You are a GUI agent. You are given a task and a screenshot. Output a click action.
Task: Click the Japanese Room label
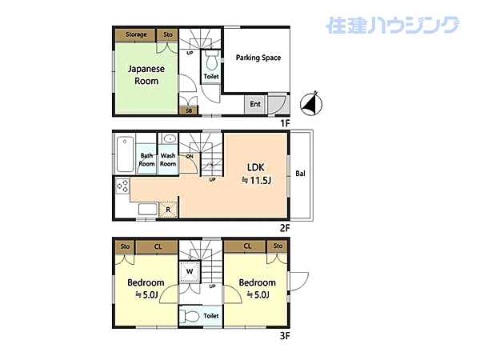(147, 74)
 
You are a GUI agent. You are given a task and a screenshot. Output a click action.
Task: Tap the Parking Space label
(258, 58)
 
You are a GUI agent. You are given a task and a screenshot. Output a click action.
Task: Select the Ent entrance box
(255, 104)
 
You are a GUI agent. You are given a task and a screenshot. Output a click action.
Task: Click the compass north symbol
(310, 104)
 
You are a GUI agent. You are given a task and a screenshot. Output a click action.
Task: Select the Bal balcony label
(300, 174)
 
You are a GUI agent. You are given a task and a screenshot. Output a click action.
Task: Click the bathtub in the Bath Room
(126, 154)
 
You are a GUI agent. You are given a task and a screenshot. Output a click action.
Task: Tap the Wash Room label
(168, 159)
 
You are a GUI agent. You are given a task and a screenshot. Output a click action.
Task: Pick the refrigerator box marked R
(168, 210)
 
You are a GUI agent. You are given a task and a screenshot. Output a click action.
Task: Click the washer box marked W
(190, 273)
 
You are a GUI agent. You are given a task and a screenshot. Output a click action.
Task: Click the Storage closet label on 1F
(135, 34)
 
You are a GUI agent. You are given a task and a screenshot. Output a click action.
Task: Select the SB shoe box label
(190, 110)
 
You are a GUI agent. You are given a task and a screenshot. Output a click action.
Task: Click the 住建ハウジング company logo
(392, 26)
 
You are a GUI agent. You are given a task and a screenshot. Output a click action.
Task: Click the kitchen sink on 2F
(147, 210)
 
